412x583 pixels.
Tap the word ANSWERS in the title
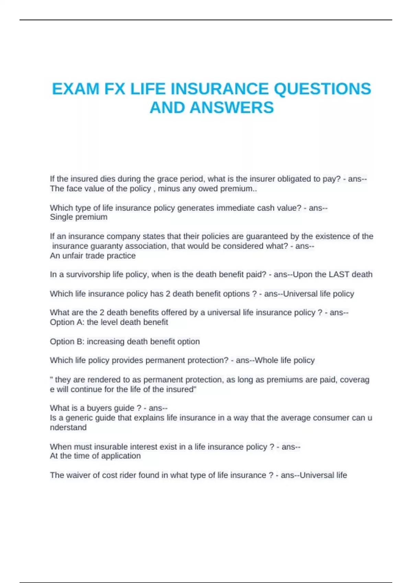(232, 108)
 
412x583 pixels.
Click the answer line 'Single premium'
(79, 217)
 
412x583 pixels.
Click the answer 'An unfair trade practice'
(93, 256)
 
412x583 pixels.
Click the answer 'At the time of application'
(95, 456)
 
